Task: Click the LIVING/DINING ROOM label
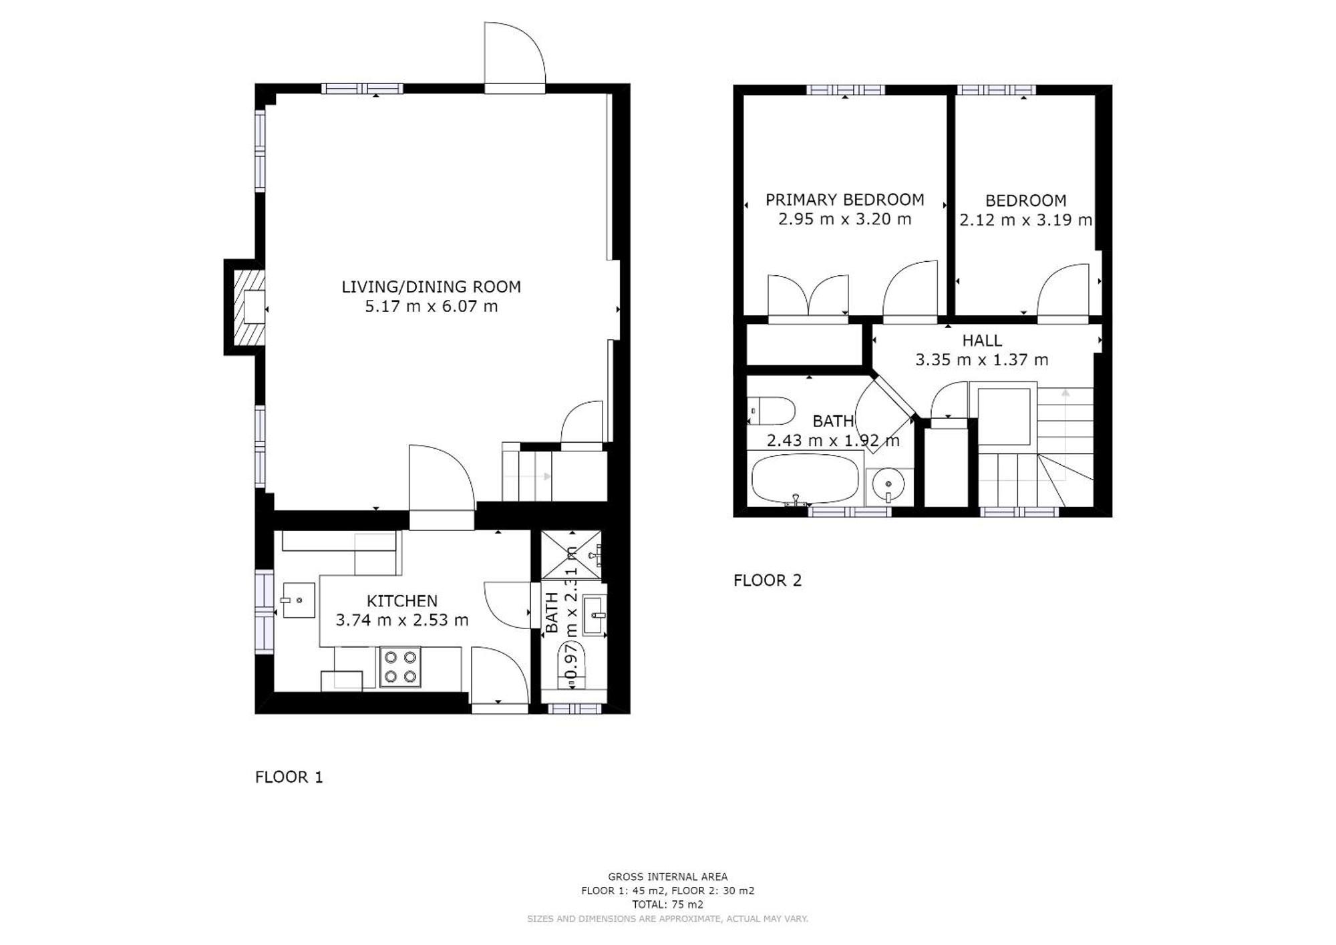point(431,287)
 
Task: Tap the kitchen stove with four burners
point(400,667)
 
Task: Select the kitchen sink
point(299,600)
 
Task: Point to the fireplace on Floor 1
point(249,307)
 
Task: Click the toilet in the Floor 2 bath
point(772,411)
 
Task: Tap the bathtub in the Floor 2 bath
point(805,478)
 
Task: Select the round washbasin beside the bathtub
point(889,486)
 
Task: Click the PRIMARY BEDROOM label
point(844,200)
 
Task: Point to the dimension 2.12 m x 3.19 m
point(1025,220)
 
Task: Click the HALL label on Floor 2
point(981,341)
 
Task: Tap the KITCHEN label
point(402,600)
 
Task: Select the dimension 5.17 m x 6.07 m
point(431,307)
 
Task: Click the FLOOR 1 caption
point(289,777)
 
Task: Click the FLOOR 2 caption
point(767,580)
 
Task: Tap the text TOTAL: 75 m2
point(667,905)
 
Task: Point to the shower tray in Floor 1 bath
point(570,555)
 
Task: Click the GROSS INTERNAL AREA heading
point(667,877)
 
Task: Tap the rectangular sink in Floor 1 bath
point(595,614)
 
